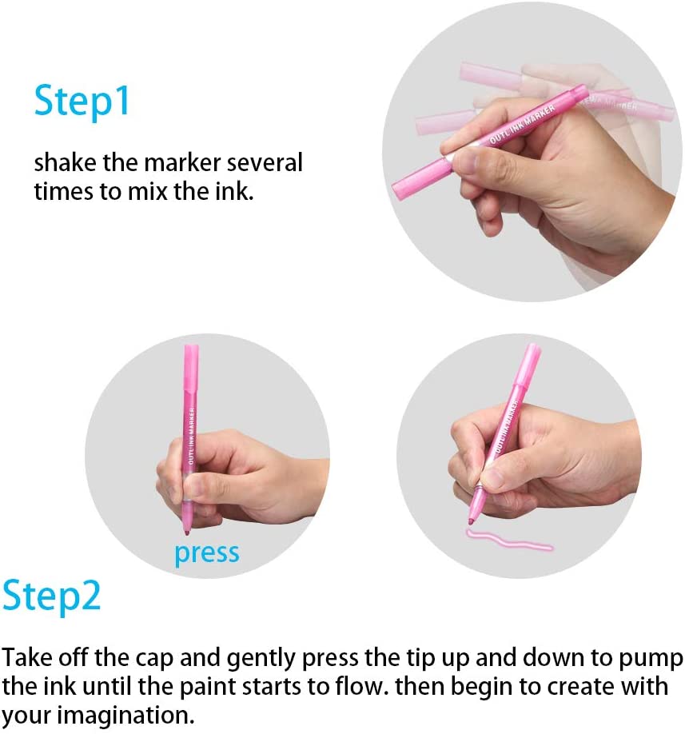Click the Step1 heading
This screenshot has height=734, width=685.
point(82,102)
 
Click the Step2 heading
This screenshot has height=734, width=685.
point(51,596)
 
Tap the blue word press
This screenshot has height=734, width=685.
point(207,554)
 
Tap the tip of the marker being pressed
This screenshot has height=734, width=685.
point(187,532)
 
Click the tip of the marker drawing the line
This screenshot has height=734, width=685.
point(470,522)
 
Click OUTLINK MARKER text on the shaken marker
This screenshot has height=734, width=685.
point(522,125)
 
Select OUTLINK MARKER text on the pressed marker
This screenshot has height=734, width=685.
point(191,436)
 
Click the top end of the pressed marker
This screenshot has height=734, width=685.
point(191,346)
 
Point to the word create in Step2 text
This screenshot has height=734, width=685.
point(579,687)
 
